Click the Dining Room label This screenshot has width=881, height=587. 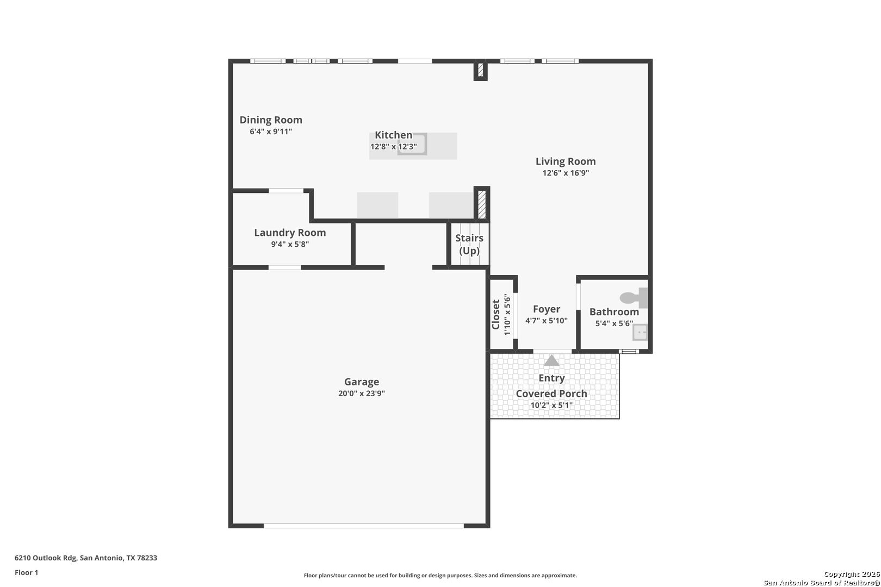click(271, 120)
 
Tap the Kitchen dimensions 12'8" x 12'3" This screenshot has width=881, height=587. click(393, 147)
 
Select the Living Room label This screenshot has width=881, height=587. click(566, 161)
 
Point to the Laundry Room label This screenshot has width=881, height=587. click(290, 233)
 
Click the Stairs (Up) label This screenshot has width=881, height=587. click(469, 244)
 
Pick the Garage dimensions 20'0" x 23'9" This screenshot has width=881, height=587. click(362, 393)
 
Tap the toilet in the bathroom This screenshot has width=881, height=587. click(634, 298)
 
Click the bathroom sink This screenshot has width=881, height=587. click(640, 332)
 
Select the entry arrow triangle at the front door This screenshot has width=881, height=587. click(551, 360)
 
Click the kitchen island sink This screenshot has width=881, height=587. click(412, 144)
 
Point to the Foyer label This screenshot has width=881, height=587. click(547, 309)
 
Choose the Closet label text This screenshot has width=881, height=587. click(495, 315)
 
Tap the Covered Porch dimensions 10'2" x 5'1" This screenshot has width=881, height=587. click(551, 405)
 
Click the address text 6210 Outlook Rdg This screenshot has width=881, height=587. click(46, 558)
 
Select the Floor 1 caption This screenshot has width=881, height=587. click(26, 572)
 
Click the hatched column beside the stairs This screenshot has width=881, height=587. click(482, 204)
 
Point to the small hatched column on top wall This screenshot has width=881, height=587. click(480, 70)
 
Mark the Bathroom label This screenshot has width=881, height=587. click(614, 312)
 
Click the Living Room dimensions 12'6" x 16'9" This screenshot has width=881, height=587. click(566, 173)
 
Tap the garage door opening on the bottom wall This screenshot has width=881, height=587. click(364, 526)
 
